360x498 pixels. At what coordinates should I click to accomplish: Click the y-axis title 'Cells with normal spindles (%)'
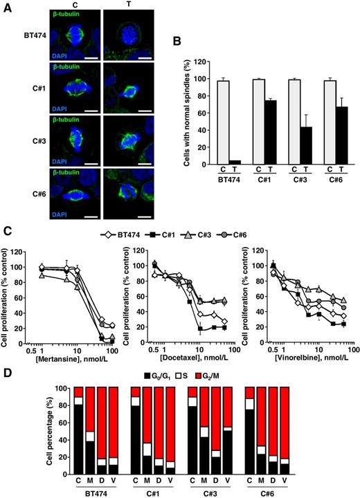(181, 112)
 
